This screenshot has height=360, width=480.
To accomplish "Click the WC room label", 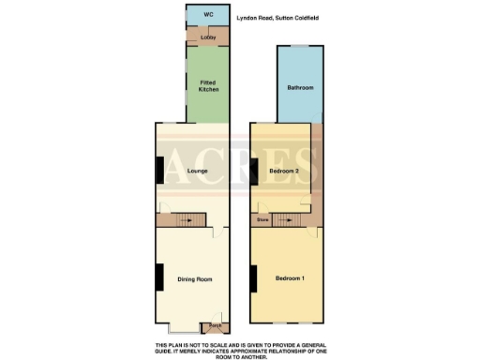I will coord(208,16).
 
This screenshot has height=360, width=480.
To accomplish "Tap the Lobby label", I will coord(208,37).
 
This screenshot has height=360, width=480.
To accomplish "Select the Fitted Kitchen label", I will coord(208,85).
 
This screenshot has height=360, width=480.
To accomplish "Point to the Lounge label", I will coord(197,171).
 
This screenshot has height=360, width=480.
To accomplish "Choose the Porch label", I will coord(215,327).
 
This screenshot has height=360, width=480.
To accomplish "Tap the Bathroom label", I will coord(299,88).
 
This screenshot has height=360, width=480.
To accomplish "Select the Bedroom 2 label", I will coord(284,171).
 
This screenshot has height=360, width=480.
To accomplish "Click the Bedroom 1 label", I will coord(290,278).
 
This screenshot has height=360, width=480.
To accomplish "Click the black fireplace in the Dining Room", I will coord(159,278).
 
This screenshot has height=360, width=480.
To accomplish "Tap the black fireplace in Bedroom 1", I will coord(253,278).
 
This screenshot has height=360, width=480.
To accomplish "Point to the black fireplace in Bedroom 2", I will coord(254,170).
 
